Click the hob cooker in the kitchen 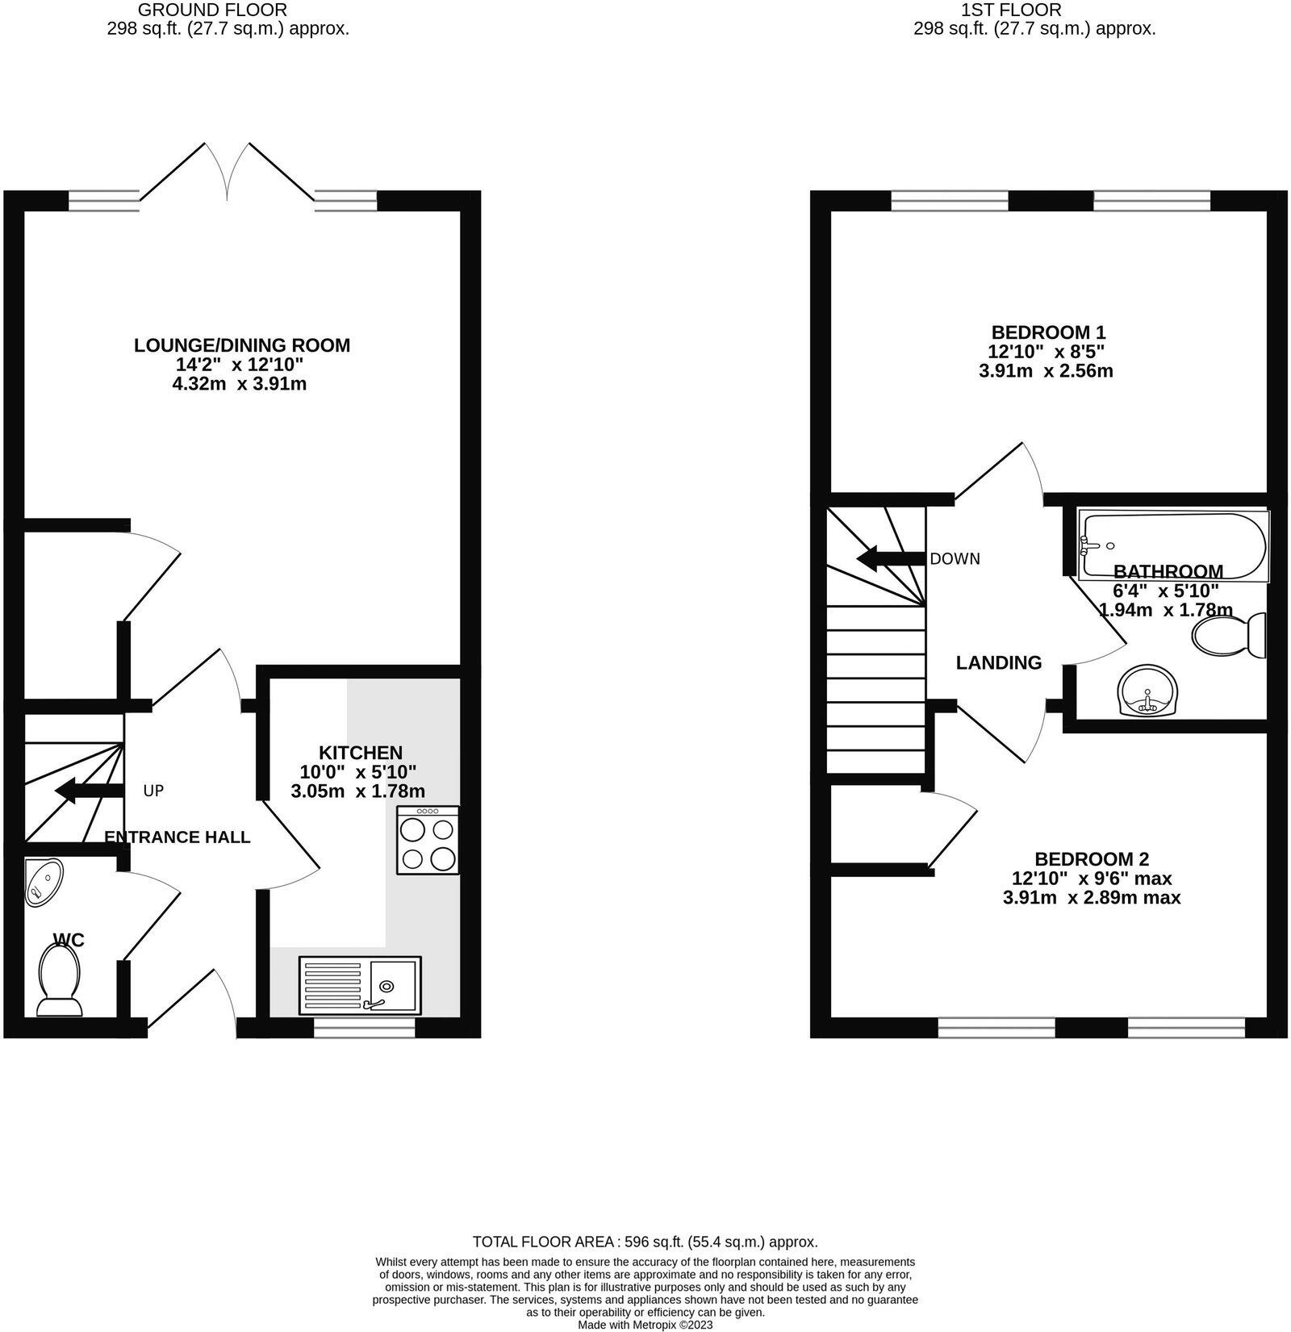click(428, 841)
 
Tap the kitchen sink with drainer click(360, 985)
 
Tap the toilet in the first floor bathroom click(1230, 636)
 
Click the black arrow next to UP click(89, 791)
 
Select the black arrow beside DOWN click(889, 558)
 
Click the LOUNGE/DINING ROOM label click(242, 345)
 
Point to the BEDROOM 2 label click(1092, 859)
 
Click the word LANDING click(999, 662)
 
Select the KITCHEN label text click(360, 753)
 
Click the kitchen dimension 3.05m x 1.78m click(357, 791)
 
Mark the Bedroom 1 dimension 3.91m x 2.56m click(1046, 371)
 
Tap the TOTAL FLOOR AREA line click(645, 1242)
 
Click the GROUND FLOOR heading click(212, 10)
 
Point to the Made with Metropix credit click(645, 1325)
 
